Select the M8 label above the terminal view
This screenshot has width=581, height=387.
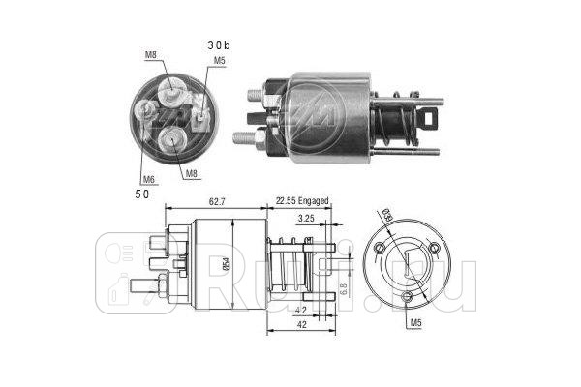click(150, 54)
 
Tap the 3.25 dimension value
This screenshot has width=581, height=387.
click(305, 219)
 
